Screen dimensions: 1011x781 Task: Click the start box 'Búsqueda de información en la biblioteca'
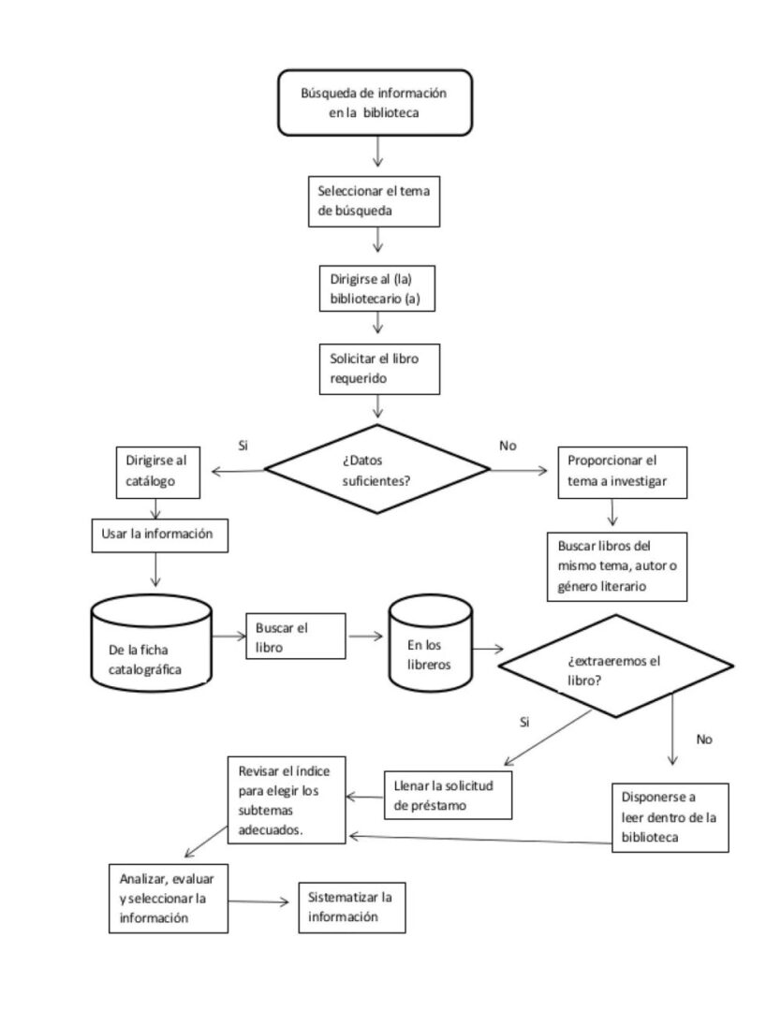[x=373, y=102]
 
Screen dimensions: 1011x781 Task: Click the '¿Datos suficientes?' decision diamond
[x=378, y=467]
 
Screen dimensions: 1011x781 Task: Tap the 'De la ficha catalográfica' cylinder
[x=153, y=647]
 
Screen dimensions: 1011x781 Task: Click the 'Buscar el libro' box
[x=295, y=637]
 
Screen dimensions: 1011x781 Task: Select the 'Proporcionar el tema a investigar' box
[x=621, y=473]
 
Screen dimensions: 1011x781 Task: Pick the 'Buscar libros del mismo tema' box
[x=617, y=565]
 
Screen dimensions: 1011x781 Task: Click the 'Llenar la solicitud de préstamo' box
[x=450, y=793]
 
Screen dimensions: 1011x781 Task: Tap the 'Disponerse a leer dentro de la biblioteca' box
[x=670, y=817]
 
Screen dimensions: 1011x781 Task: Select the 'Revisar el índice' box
[x=286, y=799]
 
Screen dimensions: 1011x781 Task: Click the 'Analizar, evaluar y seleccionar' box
[x=168, y=898]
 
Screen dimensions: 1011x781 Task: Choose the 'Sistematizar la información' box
[x=351, y=907]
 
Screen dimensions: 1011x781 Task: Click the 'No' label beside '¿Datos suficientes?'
[x=508, y=446]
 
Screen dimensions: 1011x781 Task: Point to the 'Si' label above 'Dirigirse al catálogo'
[x=243, y=445]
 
